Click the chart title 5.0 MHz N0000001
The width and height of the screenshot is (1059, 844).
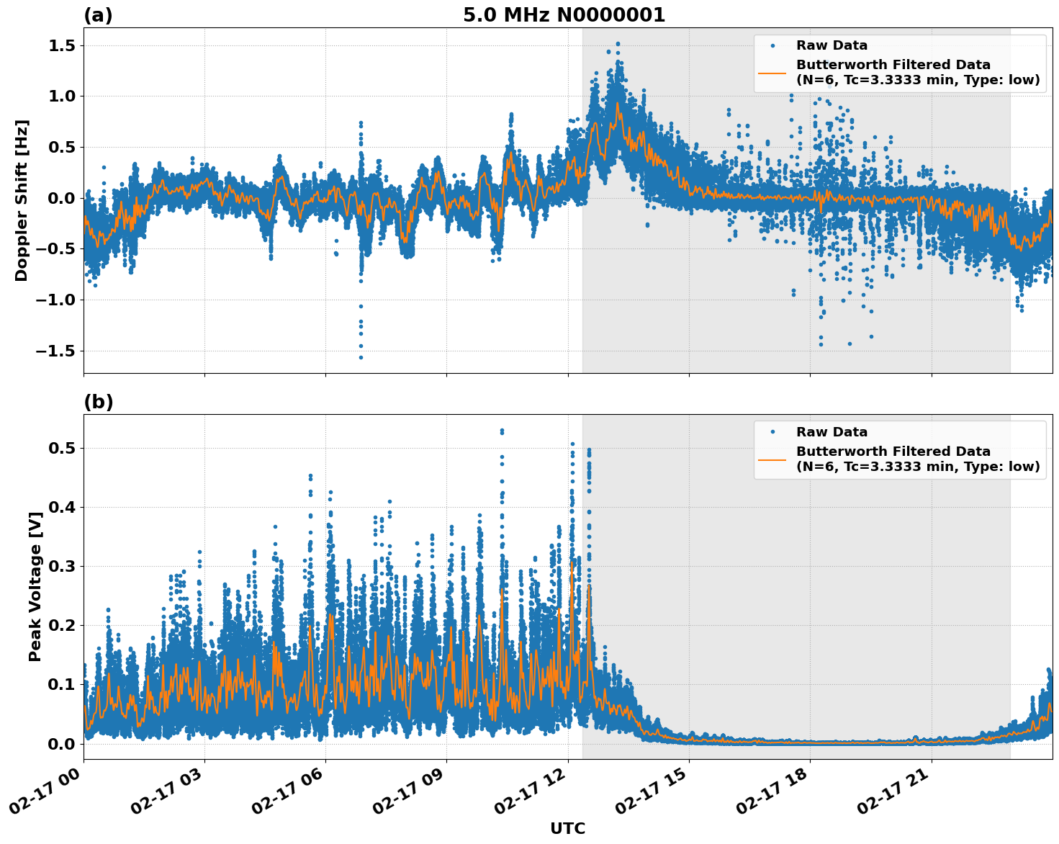564,15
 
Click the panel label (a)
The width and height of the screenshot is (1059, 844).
98,15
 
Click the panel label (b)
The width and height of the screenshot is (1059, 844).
98,402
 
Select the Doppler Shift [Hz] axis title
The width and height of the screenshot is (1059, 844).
22,200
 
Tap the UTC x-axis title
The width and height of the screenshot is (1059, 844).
567,828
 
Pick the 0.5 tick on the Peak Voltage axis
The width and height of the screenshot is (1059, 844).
63,448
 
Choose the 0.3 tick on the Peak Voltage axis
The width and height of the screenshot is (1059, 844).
63,566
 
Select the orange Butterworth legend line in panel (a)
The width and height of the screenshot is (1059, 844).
772,72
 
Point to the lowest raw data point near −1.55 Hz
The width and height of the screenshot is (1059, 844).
361,357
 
